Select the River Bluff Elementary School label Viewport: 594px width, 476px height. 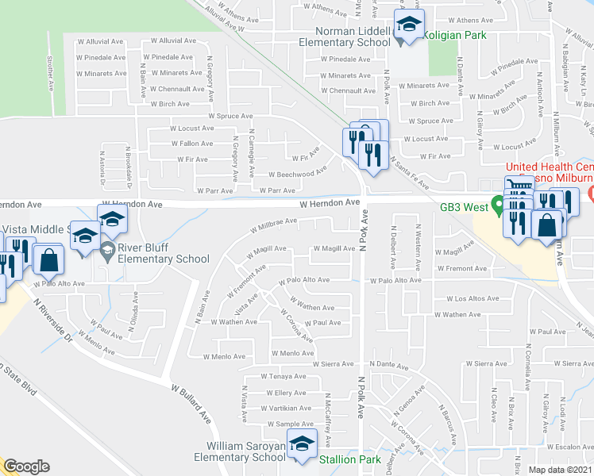coord(164,259)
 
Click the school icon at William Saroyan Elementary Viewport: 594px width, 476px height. coord(302,446)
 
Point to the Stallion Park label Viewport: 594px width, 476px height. coord(350,459)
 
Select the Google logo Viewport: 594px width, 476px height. coord(27,466)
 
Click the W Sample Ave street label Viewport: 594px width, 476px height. coord(290,424)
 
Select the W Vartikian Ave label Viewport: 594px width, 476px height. coord(285,409)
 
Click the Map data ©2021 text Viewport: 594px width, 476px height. coord(560,470)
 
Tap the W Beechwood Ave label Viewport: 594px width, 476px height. coord(298,173)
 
